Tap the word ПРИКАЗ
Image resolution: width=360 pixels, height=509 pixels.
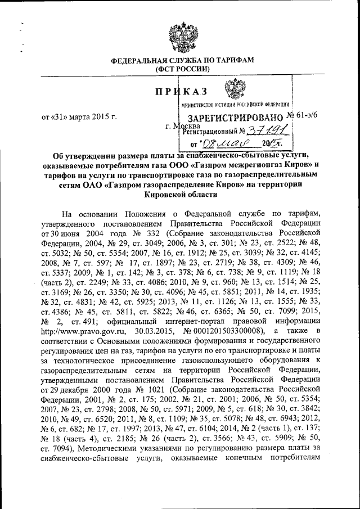[x=182, y=90]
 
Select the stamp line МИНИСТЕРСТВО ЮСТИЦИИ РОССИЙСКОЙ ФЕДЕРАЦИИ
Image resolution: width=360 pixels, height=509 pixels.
[x=235, y=105]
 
